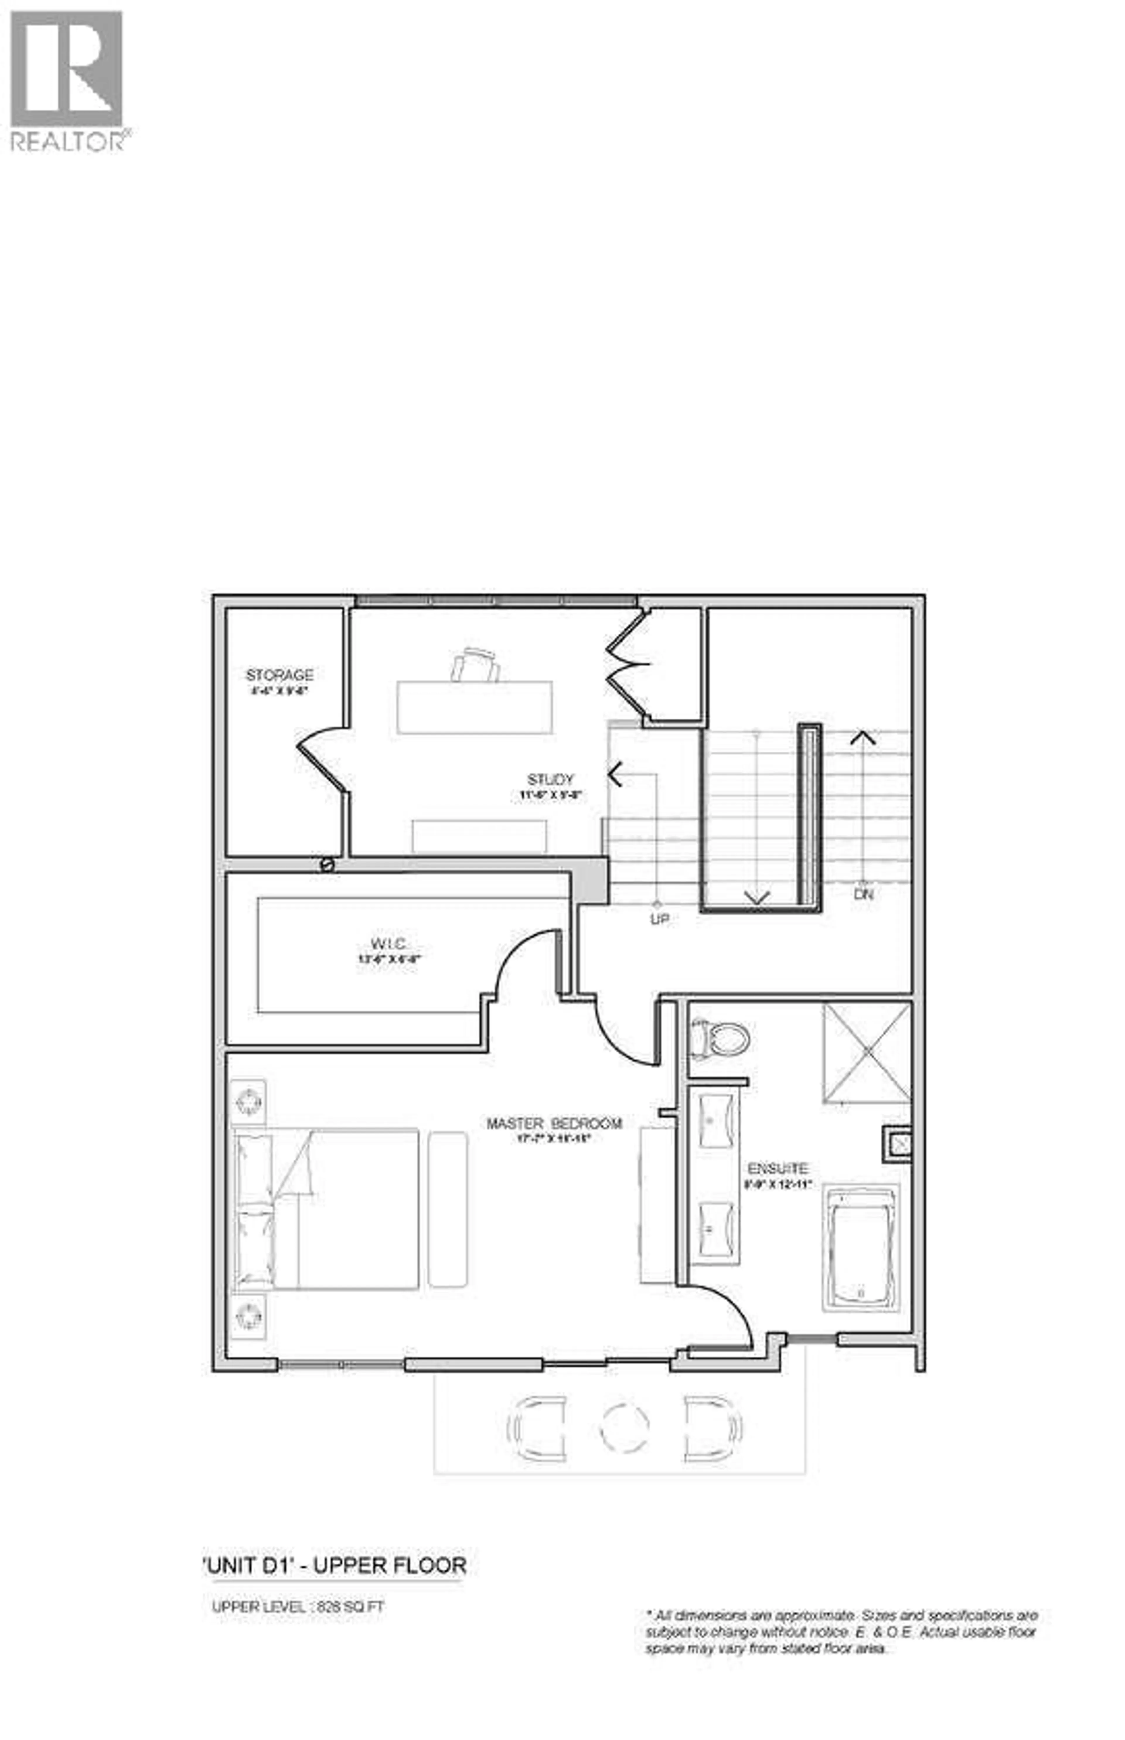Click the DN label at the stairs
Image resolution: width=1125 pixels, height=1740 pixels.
click(863, 893)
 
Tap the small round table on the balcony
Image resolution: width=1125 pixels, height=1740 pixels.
click(625, 1427)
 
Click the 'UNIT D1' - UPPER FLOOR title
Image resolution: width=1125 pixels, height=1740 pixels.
click(335, 1565)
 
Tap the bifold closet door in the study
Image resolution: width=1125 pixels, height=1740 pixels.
click(627, 665)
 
